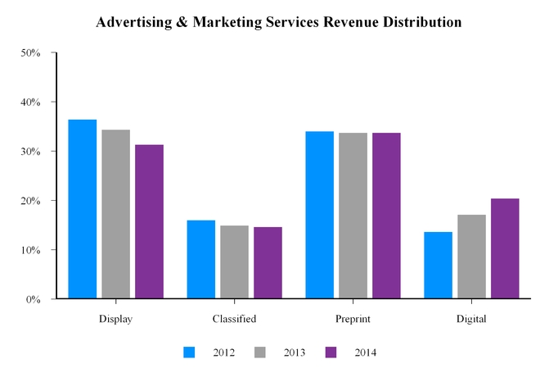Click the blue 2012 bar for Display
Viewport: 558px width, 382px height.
[83, 209]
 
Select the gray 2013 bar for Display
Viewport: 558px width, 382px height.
[115, 214]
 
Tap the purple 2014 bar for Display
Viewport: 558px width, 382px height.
[149, 221]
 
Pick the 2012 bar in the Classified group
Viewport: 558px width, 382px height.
[201, 259]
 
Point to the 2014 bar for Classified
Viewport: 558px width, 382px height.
[268, 262]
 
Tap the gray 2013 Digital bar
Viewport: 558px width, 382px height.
[471, 257]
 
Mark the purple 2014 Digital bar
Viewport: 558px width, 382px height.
[505, 248]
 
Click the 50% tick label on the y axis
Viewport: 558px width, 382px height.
[31, 53]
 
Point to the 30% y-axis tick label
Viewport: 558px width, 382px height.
[31, 152]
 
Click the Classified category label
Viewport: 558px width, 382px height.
[234, 319]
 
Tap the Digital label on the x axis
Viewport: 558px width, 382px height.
[471, 319]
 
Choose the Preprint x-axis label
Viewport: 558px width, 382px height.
[353, 319]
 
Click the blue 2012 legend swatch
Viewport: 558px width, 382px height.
[190, 352]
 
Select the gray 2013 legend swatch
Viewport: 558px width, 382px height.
[260, 352]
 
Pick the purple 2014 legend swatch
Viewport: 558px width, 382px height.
[331, 352]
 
